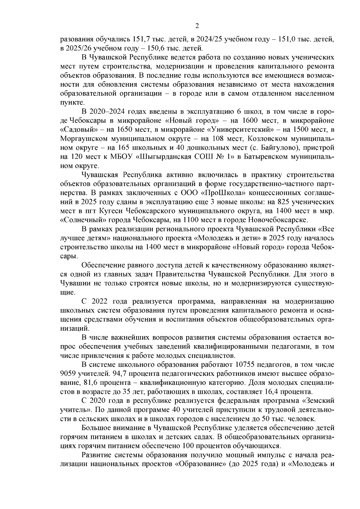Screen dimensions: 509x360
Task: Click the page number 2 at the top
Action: (197, 26)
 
